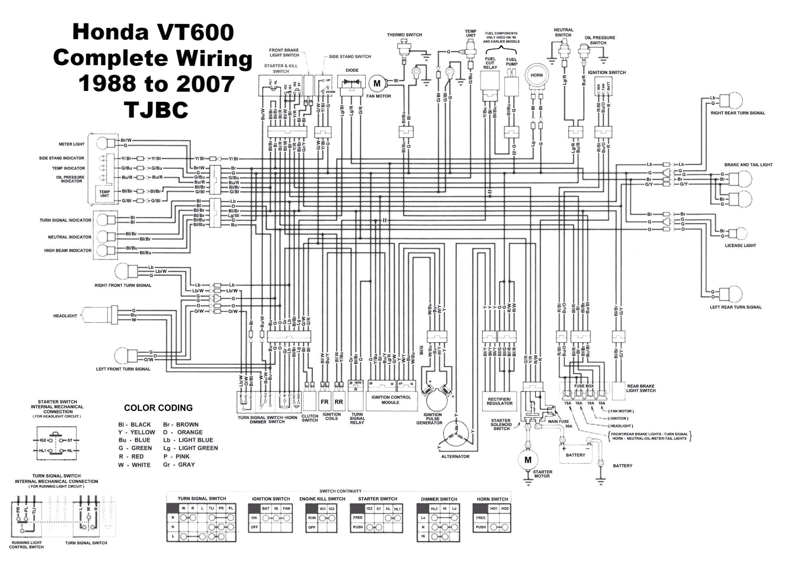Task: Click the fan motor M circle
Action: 377,84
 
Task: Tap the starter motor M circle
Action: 528,460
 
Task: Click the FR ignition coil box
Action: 325,402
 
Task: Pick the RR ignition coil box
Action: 339,402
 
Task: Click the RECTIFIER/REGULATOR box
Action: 499,401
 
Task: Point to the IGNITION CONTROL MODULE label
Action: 391,400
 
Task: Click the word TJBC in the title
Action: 156,109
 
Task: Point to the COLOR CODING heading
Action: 158,408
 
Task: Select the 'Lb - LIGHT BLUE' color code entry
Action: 190,440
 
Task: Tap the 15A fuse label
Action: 568,403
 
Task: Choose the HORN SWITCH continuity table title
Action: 492,499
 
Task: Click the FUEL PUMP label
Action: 512,62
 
